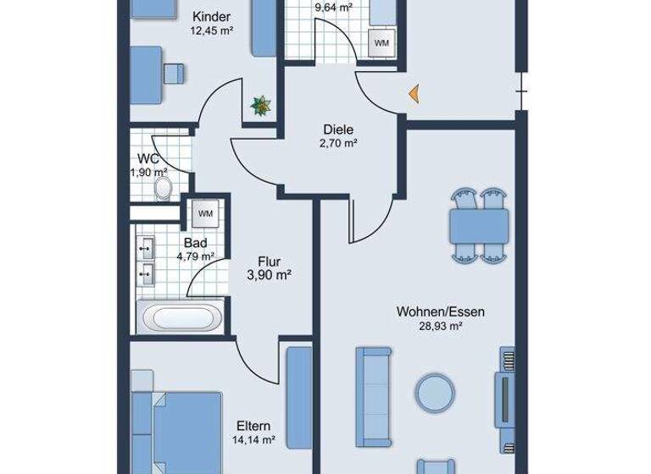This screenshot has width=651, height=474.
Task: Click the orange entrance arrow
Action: [414, 93]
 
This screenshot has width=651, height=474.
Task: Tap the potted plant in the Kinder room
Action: [261, 105]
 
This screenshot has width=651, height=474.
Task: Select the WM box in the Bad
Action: [205, 213]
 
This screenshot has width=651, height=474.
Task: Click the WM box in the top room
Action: [382, 41]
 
